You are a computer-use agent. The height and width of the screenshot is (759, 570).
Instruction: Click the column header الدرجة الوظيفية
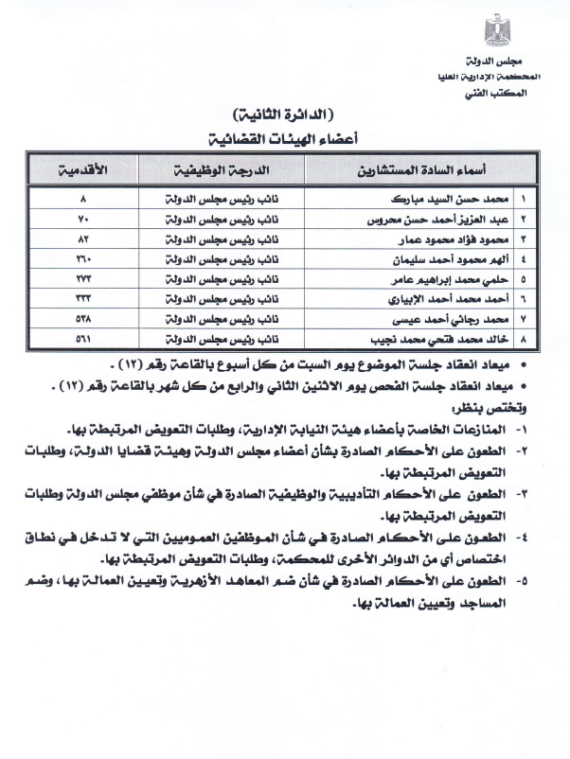(x=221, y=171)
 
